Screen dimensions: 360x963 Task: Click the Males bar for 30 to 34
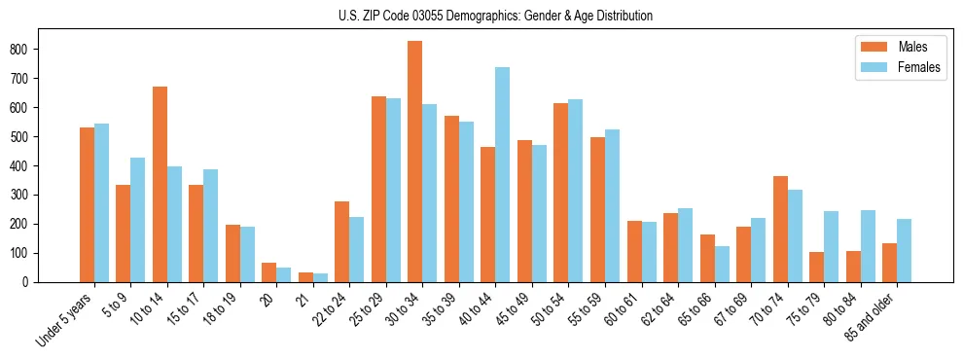(x=415, y=162)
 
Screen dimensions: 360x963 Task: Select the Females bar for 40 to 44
(x=503, y=175)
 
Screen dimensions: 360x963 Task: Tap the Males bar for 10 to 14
(x=160, y=185)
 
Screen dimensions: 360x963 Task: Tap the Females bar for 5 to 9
(x=138, y=220)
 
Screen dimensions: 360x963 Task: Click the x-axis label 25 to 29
(x=368, y=309)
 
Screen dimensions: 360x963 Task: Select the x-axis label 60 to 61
(x=623, y=309)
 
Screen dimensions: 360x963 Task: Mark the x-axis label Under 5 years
(x=66, y=318)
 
